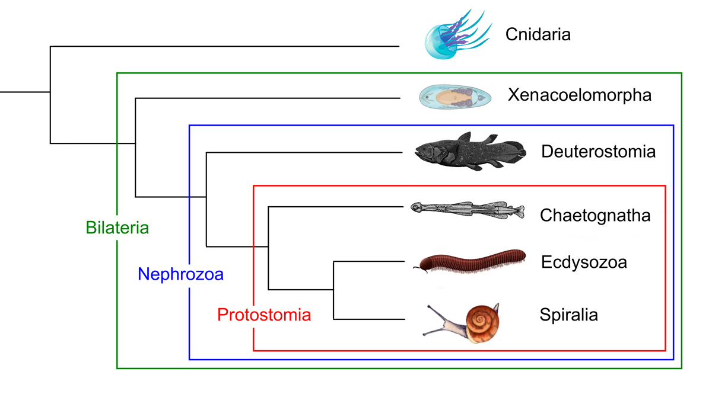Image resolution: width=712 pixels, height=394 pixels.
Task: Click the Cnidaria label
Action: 538,34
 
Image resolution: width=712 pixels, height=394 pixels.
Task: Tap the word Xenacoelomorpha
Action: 579,95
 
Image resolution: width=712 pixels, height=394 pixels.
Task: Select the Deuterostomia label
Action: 598,152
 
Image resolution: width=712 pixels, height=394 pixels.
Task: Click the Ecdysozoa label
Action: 584,262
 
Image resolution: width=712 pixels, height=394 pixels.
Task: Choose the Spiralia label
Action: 568,315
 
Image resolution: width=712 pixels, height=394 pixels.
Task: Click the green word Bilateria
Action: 117,228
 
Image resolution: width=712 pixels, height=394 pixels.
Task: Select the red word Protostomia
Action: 264,315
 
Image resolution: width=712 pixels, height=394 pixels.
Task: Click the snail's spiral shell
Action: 482,323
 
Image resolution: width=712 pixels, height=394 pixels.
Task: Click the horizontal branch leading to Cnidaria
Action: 225,46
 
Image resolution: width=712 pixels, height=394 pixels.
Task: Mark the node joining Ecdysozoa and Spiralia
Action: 334,290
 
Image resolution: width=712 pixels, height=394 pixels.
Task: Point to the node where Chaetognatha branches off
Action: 269,246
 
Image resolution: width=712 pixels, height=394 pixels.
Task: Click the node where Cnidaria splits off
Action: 50,92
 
